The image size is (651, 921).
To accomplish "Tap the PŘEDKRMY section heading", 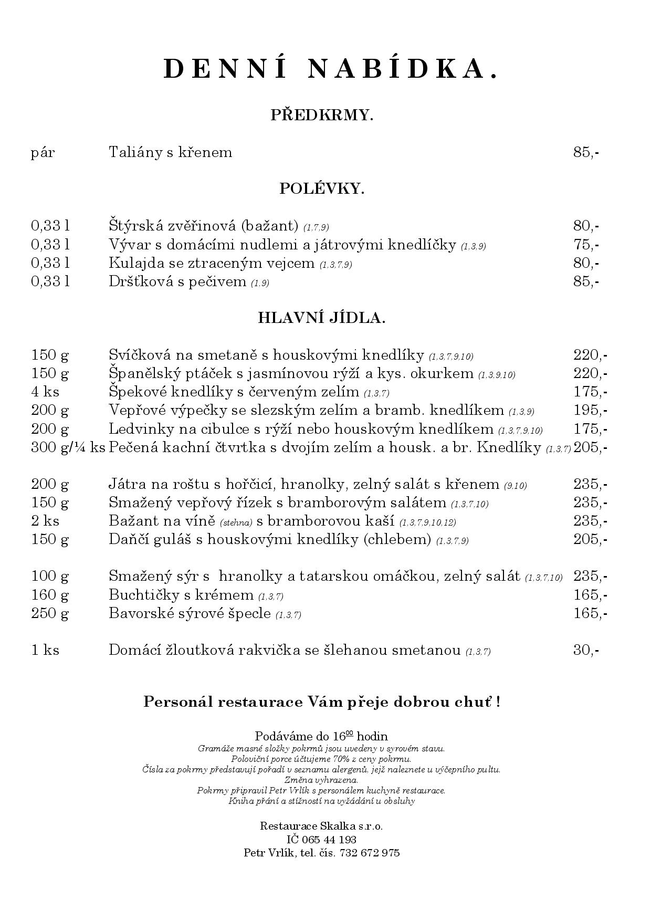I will click(x=322, y=115).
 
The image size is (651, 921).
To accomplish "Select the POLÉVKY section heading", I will click(x=322, y=189).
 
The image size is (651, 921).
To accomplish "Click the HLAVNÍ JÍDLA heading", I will click(x=322, y=318).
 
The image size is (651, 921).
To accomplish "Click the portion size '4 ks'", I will click(x=45, y=392).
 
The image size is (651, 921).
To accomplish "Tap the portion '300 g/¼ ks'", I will click(x=68, y=448).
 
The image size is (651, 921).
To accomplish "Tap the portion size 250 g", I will click(x=50, y=613).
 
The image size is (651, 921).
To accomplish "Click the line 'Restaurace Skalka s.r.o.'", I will click(x=321, y=826).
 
